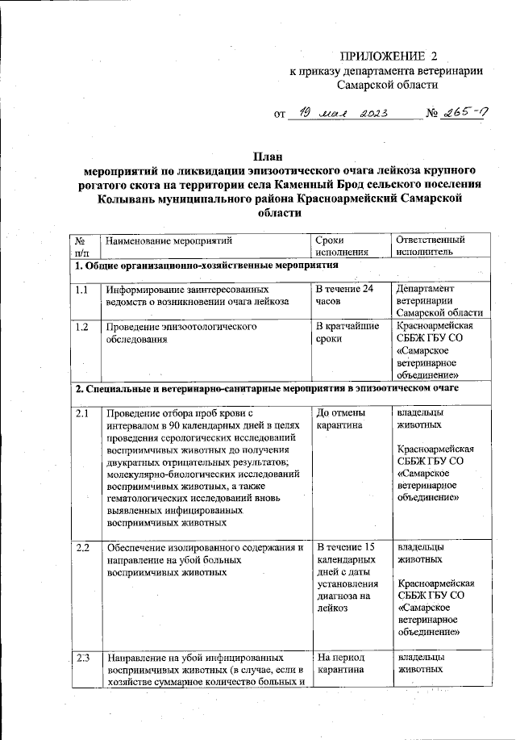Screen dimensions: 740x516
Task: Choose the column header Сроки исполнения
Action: pos(339,245)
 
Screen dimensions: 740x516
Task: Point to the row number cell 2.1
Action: pos(82,413)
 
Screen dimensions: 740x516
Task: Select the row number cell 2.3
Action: pos(82,658)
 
